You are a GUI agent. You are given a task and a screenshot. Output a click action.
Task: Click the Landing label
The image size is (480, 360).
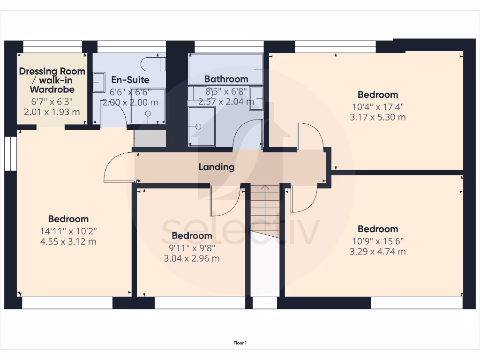click(216, 167)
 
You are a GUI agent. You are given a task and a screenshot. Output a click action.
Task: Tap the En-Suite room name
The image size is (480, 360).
click(130, 80)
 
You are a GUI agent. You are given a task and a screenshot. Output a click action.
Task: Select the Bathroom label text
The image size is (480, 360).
click(226, 79)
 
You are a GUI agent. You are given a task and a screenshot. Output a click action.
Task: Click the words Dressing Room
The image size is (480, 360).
click(52, 71)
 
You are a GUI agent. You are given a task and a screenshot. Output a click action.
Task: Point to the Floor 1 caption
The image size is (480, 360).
click(240, 343)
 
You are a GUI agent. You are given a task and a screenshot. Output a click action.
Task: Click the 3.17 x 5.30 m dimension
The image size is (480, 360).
click(377, 117)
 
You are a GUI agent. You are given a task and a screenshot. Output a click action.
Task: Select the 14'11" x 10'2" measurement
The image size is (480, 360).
click(68, 231)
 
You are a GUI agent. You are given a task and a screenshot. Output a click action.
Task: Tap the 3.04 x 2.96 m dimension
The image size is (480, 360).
click(192, 258)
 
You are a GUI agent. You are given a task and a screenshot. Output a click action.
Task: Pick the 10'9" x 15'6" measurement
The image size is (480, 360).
click(377, 240)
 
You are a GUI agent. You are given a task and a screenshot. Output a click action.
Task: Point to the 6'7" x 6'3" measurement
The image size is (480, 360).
click(52, 101)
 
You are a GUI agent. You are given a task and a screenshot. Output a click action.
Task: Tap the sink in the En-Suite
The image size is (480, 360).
click(99, 82)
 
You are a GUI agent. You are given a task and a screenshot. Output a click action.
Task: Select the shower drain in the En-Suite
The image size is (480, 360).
click(148, 113)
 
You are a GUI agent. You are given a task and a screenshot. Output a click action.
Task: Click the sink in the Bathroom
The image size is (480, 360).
click(256, 98)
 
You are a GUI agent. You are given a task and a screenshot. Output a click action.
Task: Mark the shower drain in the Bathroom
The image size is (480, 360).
click(198, 127)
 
